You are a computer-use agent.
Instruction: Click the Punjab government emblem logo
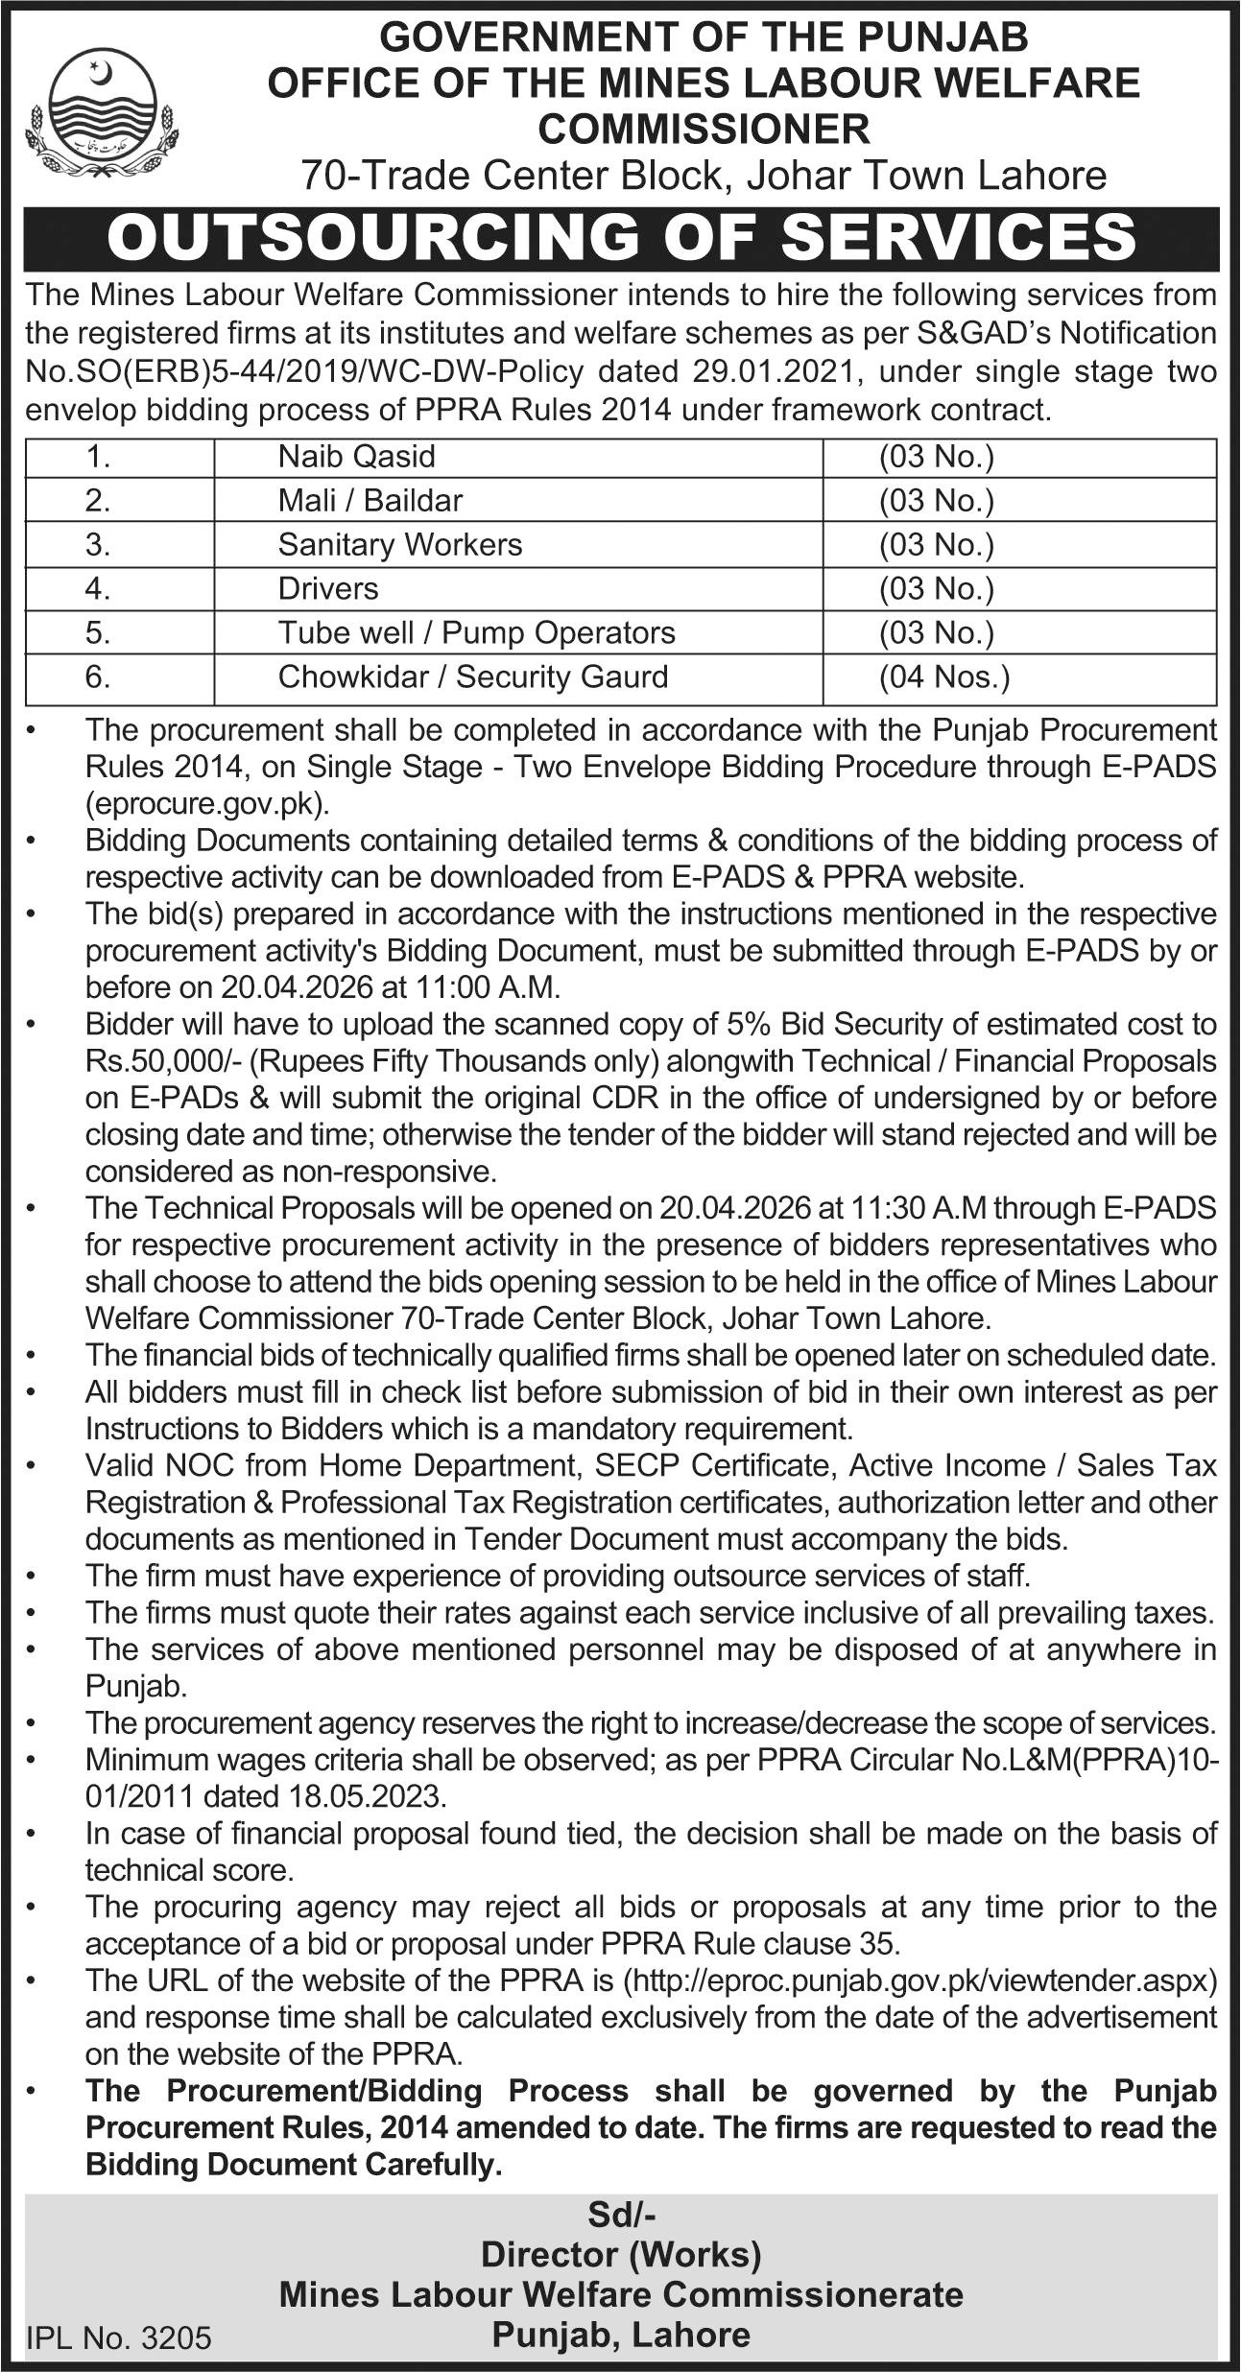tap(102, 113)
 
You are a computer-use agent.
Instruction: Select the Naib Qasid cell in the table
tap(356, 457)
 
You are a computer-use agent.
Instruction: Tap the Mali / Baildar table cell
tap(370, 501)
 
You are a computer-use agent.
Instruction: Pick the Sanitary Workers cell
tap(400, 545)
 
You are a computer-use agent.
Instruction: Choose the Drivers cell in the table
tap(328, 588)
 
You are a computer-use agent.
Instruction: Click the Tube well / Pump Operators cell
tap(476, 632)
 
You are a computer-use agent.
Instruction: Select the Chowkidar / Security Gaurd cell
tap(472, 676)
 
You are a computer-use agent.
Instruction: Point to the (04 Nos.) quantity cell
tap(944, 677)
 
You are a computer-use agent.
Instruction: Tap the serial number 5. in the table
tap(98, 632)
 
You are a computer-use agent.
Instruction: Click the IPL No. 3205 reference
tap(118, 2339)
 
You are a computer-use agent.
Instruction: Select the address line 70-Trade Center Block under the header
tap(704, 176)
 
